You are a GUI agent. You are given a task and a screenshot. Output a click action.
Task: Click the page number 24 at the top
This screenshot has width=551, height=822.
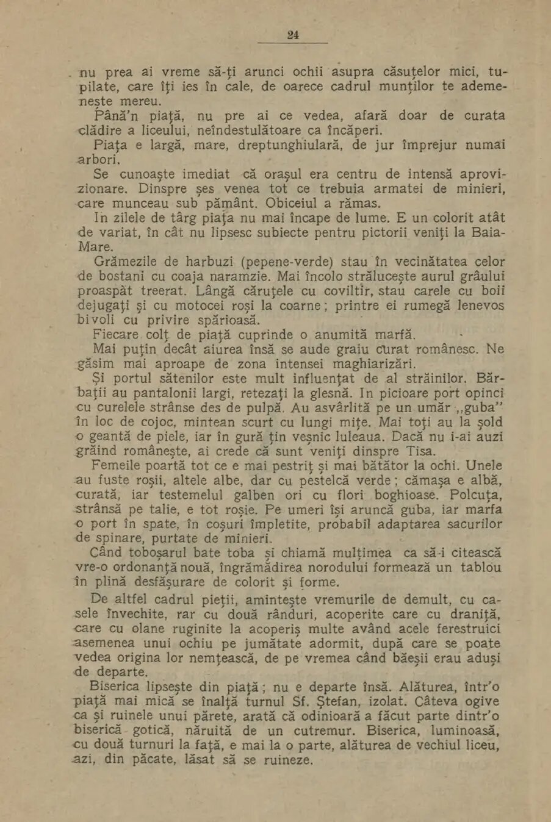(x=293, y=35)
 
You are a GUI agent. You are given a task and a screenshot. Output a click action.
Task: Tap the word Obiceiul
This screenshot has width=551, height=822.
(x=297, y=203)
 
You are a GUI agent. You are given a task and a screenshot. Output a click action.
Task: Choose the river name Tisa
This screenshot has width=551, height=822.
(x=422, y=451)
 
